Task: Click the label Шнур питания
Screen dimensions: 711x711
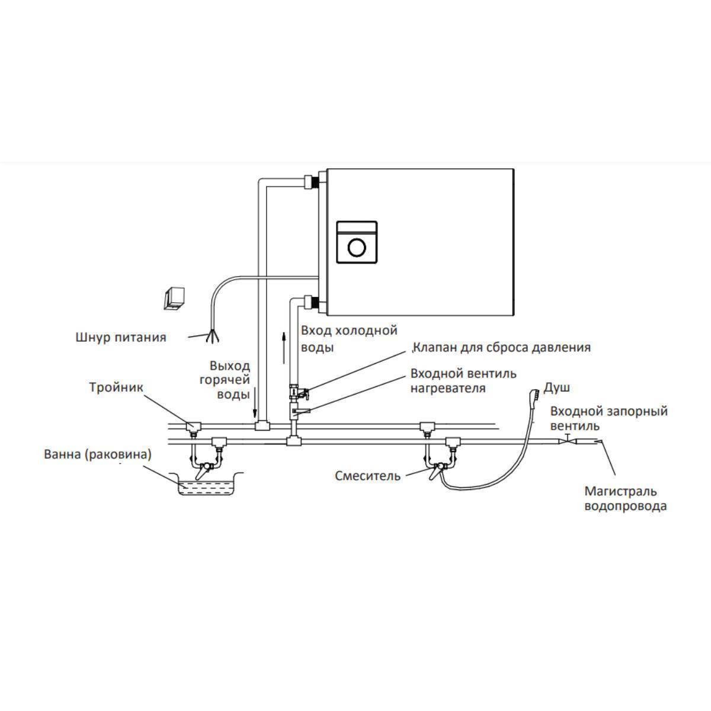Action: (x=121, y=338)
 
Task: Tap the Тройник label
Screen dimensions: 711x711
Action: (x=116, y=387)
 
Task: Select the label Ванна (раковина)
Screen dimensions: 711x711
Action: (x=98, y=455)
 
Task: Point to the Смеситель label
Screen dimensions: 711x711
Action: (x=367, y=475)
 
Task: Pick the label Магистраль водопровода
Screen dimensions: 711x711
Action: (x=620, y=498)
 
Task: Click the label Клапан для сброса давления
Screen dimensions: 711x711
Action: (x=502, y=347)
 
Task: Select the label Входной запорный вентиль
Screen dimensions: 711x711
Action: (x=608, y=418)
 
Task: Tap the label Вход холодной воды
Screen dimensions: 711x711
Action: (x=348, y=338)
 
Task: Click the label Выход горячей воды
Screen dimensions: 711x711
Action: (x=230, y=380)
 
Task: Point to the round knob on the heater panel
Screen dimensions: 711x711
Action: (x=357, y=246)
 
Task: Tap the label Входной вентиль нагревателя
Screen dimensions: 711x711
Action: (x=463, y=381)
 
